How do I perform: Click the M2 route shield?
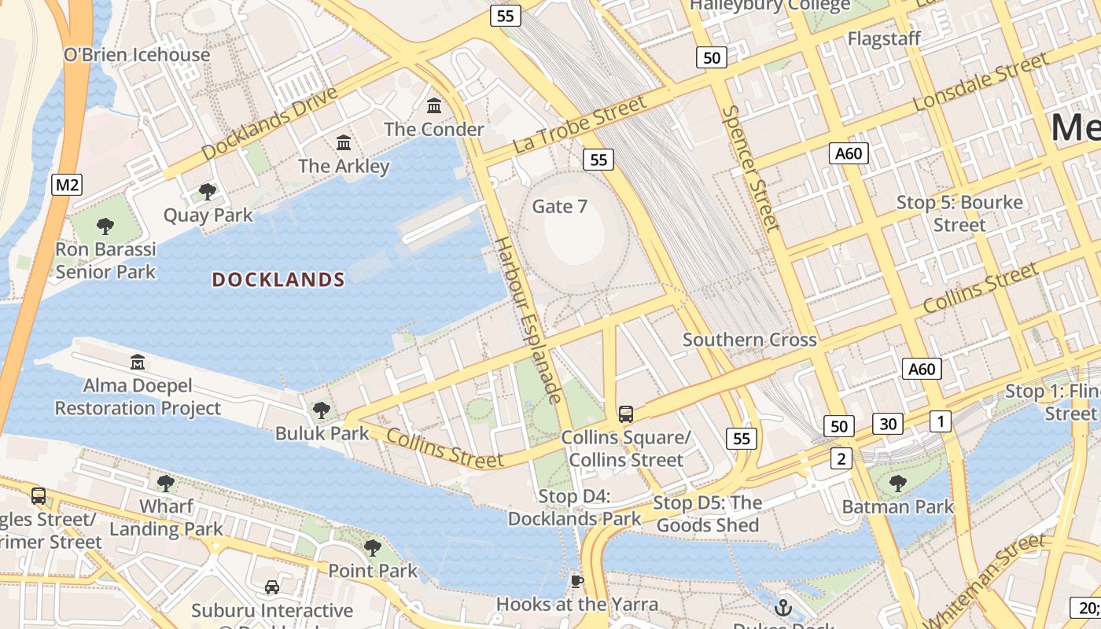(x=67, y=185)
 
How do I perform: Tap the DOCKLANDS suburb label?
(x=278, y=280)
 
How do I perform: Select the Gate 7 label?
(x=560, y=206)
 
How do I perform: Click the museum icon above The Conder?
(x=434, y=105)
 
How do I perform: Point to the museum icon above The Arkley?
(x=344, y=143)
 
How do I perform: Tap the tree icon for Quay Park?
(x=208, y=192)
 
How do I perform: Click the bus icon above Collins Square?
(x=626, y=414)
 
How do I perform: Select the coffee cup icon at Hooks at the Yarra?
(x=577, y=582)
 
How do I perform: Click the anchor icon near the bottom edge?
(x=782, y=607)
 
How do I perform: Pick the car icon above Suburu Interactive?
(x=272, y=587)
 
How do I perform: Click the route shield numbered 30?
(x=888, y=425)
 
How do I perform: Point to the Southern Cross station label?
(x=749, y=340)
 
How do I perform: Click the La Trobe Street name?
(x=580, y=125)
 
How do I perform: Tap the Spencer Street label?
(x=750, y=168)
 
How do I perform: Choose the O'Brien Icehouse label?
(x=137, y=54)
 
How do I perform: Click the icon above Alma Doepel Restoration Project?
(x=138, y=362)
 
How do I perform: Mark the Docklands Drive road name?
(x=269, y=124)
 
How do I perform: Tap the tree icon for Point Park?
(x=372, y=547)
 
